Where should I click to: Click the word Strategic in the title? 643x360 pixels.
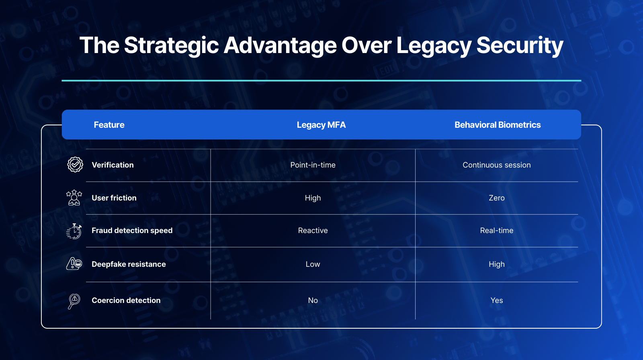pyautogui.click(x=171, y=45)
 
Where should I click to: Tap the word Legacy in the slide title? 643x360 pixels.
pyautogui.click(x=434, y=45)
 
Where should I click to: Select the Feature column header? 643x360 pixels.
pyautogui.click(x=109, y=125)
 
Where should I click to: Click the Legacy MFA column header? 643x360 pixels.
pyautogui.click(x=321, y=125)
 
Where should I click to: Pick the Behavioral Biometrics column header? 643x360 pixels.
pyautogui.click(x=498, y=125)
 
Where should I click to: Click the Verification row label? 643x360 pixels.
pyautogui.click(x=113, y=165)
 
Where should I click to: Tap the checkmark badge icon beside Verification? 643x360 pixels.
pyautogui.click(x=75, y=164)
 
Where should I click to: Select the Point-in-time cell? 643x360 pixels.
pyautogui.click(x=313, y=165)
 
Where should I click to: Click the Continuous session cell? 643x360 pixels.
pyautogui.click(x=497, y=165)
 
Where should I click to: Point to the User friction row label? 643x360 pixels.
pyautogui.click(x=114, y=198)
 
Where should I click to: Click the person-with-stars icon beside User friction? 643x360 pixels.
pyautogui.click(x=74, y=198)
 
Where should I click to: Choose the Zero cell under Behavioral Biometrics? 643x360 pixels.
pyautogui.click(x=497, y=198)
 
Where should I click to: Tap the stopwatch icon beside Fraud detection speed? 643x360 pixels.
pyautogui.click(x=74, y=231)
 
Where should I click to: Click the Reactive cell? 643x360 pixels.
pyautogui.click(x=313, y=231)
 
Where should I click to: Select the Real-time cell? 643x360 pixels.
pyautogui.click(x=497, y=231)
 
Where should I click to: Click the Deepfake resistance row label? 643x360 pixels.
pyautogui.click(x=129, y=264)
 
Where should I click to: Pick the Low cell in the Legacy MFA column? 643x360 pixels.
pyautogui.click(x=313, y=264)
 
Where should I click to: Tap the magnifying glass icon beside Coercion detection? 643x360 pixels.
pyautogui.click(x=74, y=301)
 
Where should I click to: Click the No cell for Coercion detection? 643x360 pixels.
pyautogui.click(x=313, y=300)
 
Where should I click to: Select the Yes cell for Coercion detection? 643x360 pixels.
pyautogui.click(x=497, y=300)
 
